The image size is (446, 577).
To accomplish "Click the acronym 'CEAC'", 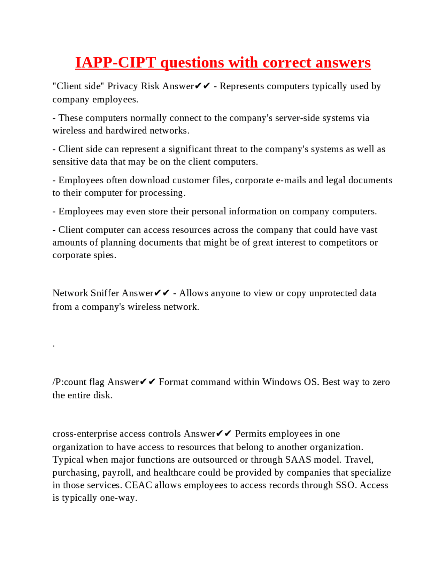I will point(138,485).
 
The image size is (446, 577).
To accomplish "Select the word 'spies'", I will point(105,255).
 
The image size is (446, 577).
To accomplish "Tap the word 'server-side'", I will point(297,118).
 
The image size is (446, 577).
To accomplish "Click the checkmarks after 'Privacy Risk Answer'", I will point(202,86).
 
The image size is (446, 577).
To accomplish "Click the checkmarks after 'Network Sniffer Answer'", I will point(162,293).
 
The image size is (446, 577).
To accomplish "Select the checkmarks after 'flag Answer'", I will point(148,382).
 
